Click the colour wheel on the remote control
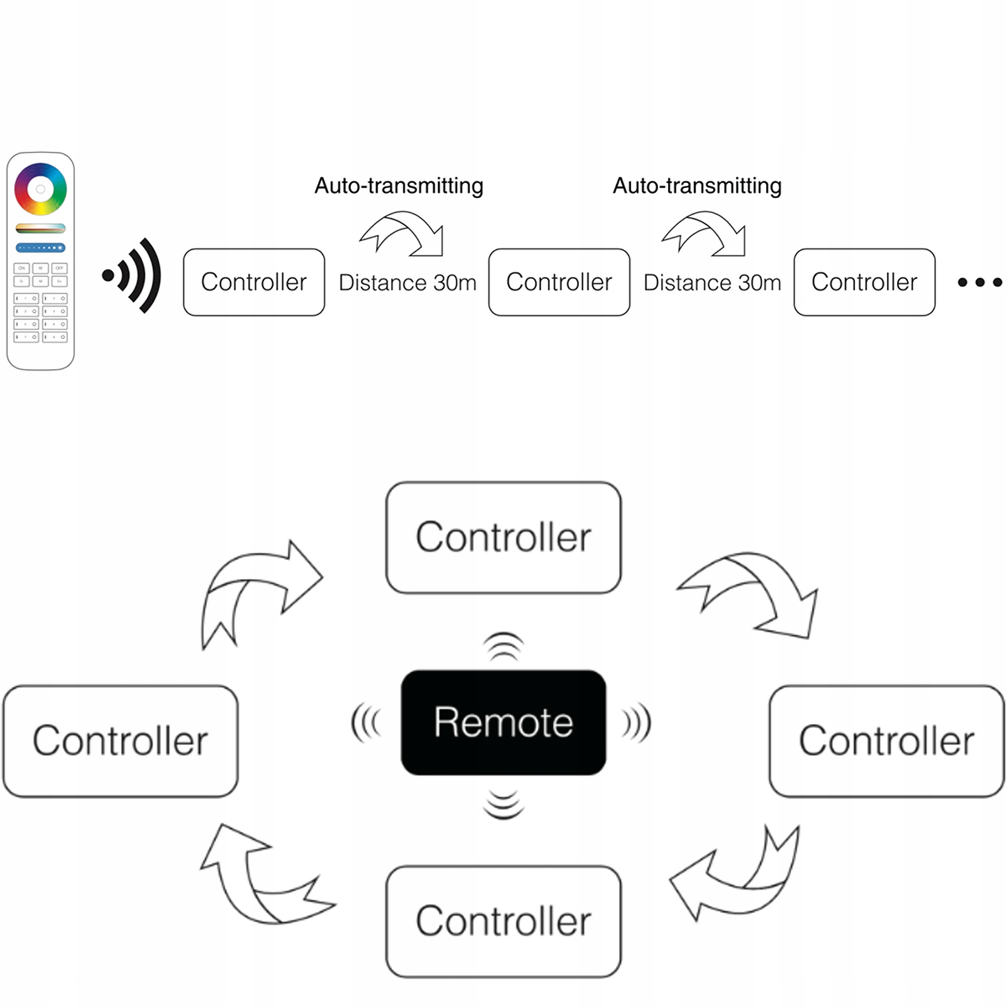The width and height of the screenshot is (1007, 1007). tap(40, 189)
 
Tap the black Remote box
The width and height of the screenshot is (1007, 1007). tap(503, 722)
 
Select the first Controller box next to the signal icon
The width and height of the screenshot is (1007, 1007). tap(254, 282)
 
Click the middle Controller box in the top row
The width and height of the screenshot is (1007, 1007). tap(559, 282)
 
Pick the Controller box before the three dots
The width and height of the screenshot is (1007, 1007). tap(864, 282)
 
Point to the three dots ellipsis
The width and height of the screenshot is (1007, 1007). tap(979, 283)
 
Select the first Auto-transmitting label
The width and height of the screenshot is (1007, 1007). tap(398, 186)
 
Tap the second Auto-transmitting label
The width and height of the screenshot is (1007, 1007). tap(697, 186)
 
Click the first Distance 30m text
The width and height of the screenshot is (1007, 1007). tap(407, 283)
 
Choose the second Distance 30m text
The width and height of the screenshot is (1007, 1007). tap(712, 283)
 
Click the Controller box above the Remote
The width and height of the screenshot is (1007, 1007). tap(503, 537)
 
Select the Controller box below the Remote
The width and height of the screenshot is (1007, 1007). tap(503, 921)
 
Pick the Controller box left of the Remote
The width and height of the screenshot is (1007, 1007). tap(120, 741)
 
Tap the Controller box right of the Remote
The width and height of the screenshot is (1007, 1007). tap(886, 741)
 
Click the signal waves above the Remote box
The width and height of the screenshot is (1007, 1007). tap(503, 646)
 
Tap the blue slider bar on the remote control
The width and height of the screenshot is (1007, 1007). tap(40, 247)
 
